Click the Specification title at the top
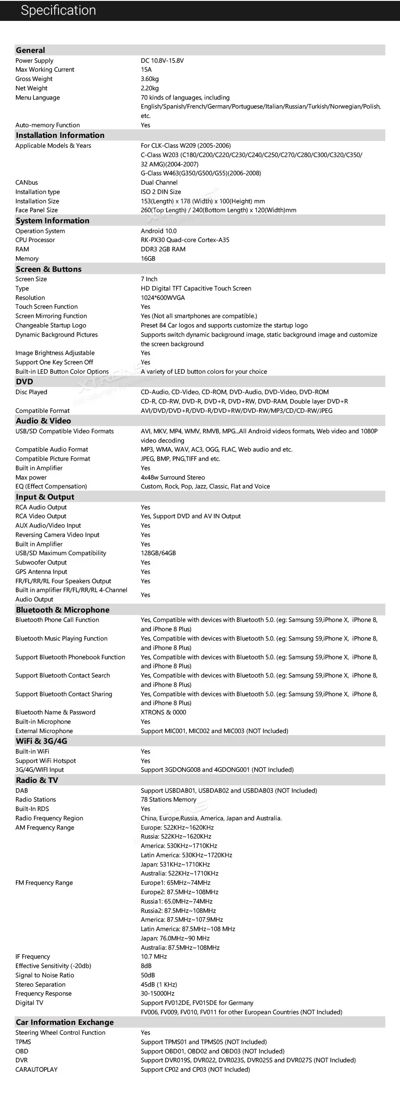click(58, 10)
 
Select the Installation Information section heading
click(60, 135)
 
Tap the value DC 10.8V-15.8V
click(162, 60)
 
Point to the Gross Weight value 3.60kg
click(150, 79)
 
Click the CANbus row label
click(27, 182)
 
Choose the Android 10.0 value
click(159, 231)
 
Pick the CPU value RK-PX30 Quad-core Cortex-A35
click(185, 240)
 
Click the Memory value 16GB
click(148, 258)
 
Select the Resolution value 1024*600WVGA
click(163, 298)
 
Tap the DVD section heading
click(24, 382)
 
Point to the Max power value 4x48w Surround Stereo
click(173, 477)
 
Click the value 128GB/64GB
click(158, 553)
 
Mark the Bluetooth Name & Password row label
click(55, 712)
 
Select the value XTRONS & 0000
click(164, 712)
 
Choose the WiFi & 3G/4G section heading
click(41, 741)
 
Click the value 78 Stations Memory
click(168, 799)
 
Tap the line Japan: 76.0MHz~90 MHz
click(175, 938)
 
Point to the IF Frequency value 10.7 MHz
click(154, 956)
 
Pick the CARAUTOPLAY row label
click(36, 1069)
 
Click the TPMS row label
click(23, 1042)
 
